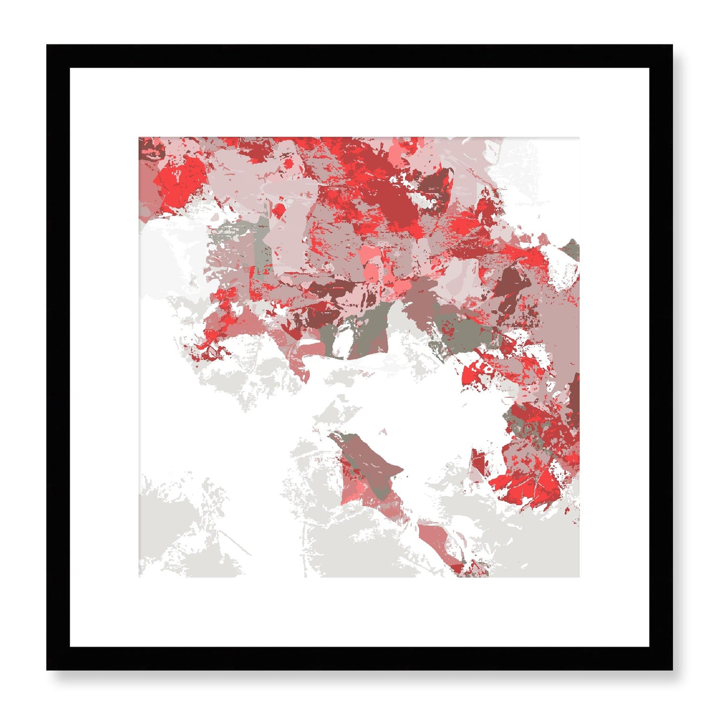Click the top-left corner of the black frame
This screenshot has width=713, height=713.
47,45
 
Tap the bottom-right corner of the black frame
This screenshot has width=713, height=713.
672,670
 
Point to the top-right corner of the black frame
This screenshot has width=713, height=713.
672,45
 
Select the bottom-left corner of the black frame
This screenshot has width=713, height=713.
47,670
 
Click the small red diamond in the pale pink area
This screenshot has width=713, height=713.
280,211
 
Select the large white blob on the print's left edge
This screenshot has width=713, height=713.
170,247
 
